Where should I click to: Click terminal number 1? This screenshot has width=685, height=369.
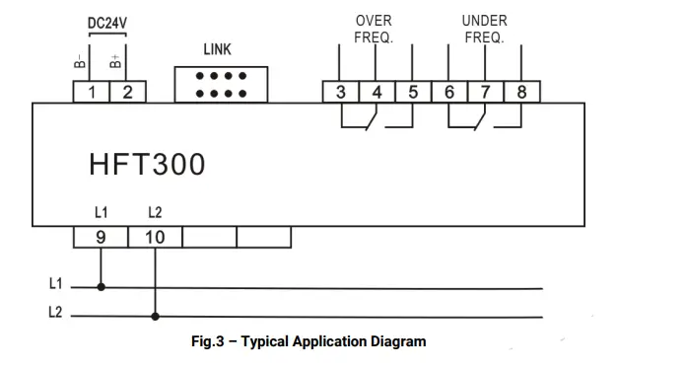(x=92, y=92)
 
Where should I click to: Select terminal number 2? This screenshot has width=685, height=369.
(x=127, y=92)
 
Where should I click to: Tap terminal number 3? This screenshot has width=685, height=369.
(x=340, y=92)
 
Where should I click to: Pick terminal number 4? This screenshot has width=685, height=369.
(x=377, y=92)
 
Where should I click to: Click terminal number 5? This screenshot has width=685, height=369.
(x=413, y=92)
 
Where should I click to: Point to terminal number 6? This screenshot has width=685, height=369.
(x=449, y=92)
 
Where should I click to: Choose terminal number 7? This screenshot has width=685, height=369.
(x=485, y=92)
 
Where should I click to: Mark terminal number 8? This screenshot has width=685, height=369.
(x=521, y=92)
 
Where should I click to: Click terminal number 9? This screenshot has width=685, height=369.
(x=101, y=238)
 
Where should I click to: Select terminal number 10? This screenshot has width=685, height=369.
(x=155, y=238)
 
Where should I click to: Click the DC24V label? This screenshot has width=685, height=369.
(x=109, y=22)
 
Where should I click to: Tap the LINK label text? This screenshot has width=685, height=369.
(x=218, y=49)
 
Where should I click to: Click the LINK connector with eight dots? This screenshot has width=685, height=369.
(x=218, y=84)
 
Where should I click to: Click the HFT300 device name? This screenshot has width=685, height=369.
(x=148, y=164)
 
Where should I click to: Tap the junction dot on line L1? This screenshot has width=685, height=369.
(x=101, y=288)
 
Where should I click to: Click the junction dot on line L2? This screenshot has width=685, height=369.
(x=155, y=318)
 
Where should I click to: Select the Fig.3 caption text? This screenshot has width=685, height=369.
(x=308, y=341)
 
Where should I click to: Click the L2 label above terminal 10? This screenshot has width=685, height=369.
(x=155, y=212)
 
